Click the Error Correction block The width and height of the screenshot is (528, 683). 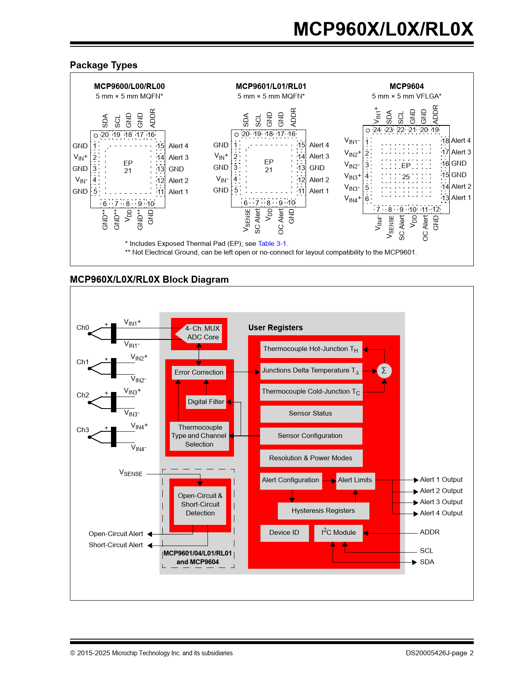[199, 373]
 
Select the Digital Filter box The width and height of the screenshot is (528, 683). [206, 402]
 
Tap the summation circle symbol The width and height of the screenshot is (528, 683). [384, 370]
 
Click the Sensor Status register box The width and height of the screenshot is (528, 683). [311, 414]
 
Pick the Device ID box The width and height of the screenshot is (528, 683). [284, 533]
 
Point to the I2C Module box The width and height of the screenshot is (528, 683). [338, 533]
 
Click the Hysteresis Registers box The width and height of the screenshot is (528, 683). [323, 511]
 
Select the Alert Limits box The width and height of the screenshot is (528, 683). [355, 480]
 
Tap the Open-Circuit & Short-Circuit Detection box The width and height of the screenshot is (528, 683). [200, 505]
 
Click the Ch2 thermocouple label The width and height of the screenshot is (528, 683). [83, 395]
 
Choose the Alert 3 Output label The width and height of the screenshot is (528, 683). [441, 502]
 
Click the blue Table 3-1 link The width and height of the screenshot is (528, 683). [272, 244]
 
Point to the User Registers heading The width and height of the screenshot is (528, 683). [275, 328]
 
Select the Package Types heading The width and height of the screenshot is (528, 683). [104, 65]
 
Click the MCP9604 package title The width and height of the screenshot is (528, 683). [407, 87]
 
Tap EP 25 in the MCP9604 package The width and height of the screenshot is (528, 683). [406, 171]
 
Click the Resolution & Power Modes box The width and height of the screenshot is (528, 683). [311, 458]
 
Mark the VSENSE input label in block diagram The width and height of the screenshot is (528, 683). [131, 473]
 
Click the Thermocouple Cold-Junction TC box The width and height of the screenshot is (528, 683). [311, 392]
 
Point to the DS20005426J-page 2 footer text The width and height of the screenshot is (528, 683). [439, 653]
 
